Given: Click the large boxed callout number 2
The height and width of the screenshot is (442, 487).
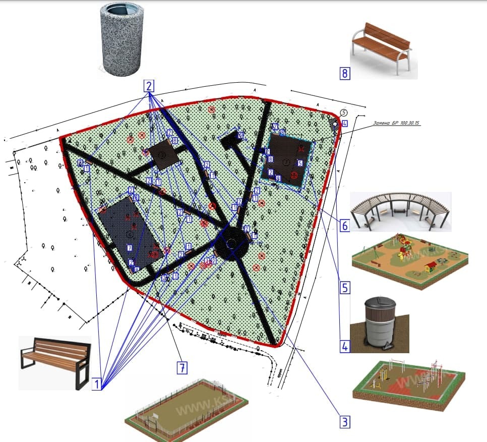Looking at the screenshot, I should click(x=149, y=85).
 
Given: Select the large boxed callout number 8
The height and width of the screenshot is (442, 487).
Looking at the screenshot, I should click(x=345, y=74).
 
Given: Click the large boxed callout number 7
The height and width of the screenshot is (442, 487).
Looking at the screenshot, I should click(x=182, y=368).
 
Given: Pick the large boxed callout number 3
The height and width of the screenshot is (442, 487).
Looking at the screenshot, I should click(x=345, y=421).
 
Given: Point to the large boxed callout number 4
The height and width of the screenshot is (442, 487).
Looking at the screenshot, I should click(x=345, y=347).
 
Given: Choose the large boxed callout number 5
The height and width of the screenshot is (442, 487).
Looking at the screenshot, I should click(x=345, y=288).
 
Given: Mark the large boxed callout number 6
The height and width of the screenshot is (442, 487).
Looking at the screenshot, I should click(x=345, y=226).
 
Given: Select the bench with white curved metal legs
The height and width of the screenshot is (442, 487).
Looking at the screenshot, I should click(x=383, y=49).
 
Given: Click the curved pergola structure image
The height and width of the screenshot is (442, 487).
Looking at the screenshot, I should click(x=401, y=211).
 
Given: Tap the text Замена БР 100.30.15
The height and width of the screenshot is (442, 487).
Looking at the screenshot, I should click(x=398, y=123).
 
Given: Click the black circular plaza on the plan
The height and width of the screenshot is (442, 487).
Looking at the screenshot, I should click(x=232, y=243).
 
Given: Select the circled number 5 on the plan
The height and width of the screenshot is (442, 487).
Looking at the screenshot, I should click(x=344, y=113).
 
